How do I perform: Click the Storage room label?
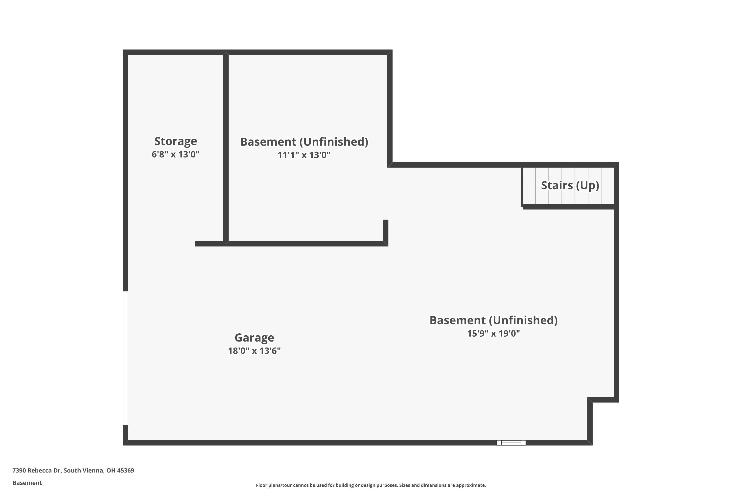(x=175, y=141)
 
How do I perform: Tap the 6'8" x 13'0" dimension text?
(x=175, y=154)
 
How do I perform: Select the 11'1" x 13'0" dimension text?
(x=304, y=155)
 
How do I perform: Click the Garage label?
(x=254, y=338)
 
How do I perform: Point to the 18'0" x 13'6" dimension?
(x=254, y=351)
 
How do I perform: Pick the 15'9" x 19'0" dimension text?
(x=493, y=333)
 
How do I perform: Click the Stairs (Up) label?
(x=570, y=185)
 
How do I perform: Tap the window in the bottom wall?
(x=511, y=443)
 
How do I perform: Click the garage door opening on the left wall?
(x=126, y=358)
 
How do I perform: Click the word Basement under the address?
(x=27, y=483)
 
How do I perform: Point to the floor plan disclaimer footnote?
(x=371, y=485)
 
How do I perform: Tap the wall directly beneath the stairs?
(x=568, y=207)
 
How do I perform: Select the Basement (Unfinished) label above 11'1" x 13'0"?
(x=304, y=142)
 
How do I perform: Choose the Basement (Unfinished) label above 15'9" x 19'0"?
(x=493, y=320)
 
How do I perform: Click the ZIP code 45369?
(x=126, y=470)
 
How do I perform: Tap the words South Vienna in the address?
(x=84, y=470)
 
